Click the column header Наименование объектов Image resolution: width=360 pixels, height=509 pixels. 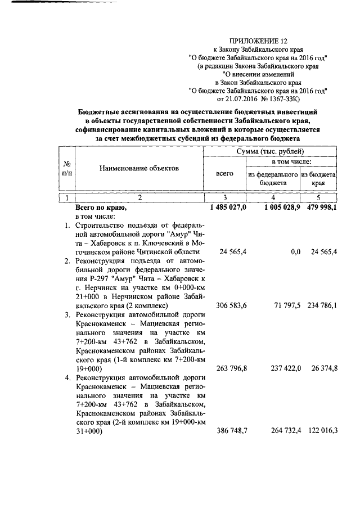[140, 168]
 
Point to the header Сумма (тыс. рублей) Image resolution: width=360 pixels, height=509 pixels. [269, 152]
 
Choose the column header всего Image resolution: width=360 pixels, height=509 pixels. [224, 174]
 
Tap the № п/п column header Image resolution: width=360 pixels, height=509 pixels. [67, 168]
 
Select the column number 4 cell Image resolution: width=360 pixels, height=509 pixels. [273, 197]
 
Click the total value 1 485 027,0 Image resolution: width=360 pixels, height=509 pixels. [228, 208]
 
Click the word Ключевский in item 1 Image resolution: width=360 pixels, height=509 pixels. [151, 243]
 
